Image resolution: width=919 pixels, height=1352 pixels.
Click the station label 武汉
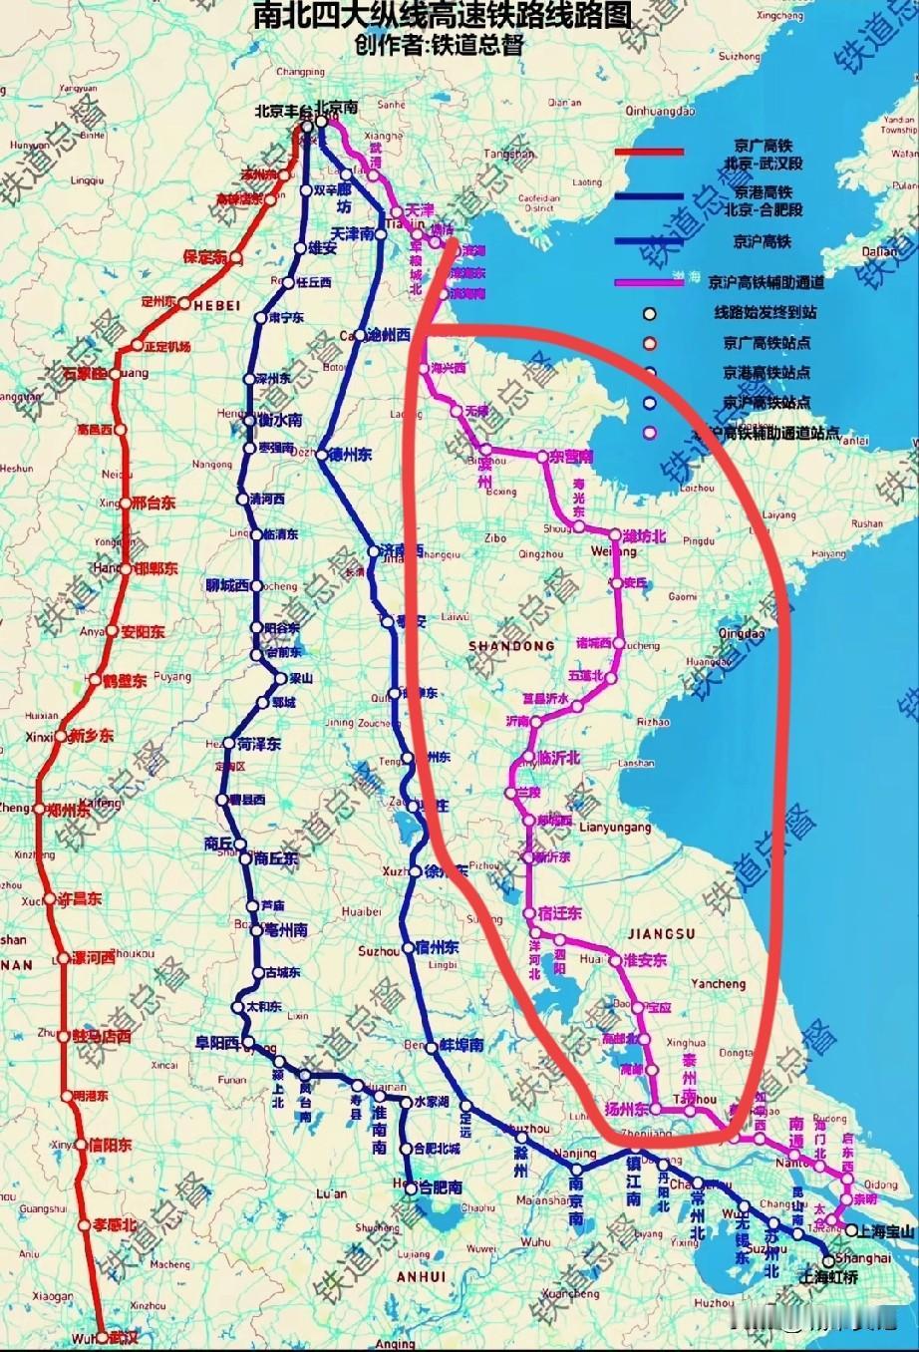pos(125,1337)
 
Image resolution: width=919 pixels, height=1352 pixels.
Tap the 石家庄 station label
pos(86,374)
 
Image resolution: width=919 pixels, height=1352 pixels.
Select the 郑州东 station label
pos(69,811)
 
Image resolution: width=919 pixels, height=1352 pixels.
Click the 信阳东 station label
pos(110,1146)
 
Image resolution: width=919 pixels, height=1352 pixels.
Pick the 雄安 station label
pos(323,249)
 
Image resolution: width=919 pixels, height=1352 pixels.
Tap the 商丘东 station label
pos(275,858)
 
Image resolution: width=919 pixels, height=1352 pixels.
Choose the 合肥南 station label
pos(441,1187)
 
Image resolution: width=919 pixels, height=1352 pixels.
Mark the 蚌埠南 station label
pos(461,1046)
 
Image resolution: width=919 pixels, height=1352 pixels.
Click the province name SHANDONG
pos(511,646)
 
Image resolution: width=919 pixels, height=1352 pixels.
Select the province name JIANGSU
pos(660,933)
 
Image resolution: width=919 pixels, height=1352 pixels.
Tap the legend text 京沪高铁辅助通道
pos(766,282)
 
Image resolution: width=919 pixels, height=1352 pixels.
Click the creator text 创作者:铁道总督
pos(439,46)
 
